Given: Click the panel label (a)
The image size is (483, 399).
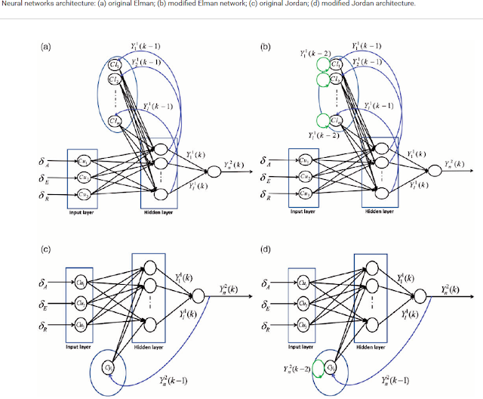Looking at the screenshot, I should [x=45, y=46].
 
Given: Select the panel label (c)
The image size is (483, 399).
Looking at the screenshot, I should [x=45, y=246].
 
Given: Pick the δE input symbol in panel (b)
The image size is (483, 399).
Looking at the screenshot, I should [x=264, y=178].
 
